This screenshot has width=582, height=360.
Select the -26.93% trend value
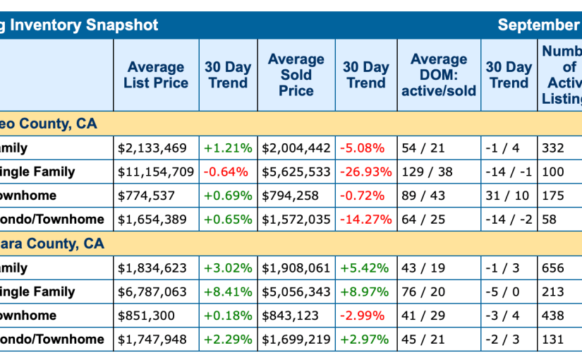point(365,172)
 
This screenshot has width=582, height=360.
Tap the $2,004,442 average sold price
point(296,148)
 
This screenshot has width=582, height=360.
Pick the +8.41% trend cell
point(227,292)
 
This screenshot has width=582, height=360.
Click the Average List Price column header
point(156,75)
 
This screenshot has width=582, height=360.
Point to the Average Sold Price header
point(296,75)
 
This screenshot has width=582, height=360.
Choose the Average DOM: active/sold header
point(439,75)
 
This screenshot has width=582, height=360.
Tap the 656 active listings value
point(553,268)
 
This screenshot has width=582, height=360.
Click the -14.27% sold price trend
point(365,220)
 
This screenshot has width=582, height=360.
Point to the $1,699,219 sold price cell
point(296,340)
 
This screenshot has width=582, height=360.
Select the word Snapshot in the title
point(123,25)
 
